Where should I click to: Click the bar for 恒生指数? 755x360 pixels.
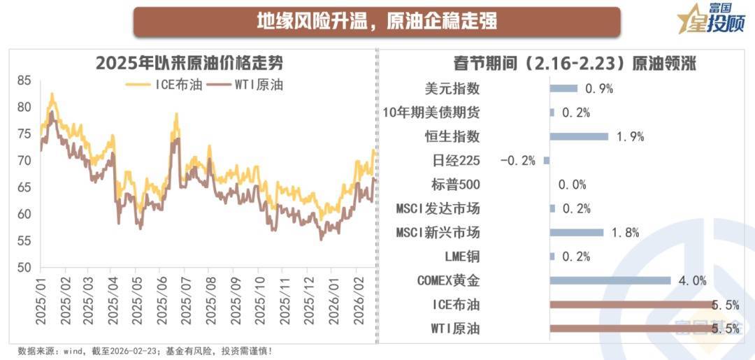tap(579, 136)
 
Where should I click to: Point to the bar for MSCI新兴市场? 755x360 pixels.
tap(577, 233)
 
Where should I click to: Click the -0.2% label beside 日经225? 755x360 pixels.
tap(518, 161)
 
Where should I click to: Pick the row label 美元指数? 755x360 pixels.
tap(452, 89)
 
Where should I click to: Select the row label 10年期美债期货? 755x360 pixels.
tap(431, 113)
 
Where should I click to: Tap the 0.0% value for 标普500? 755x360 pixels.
tap(572, 185)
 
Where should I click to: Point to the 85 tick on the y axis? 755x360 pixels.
tap(24, 80)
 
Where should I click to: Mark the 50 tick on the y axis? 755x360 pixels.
tap(24, 268)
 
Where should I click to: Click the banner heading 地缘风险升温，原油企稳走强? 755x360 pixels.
tap(377, 21)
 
